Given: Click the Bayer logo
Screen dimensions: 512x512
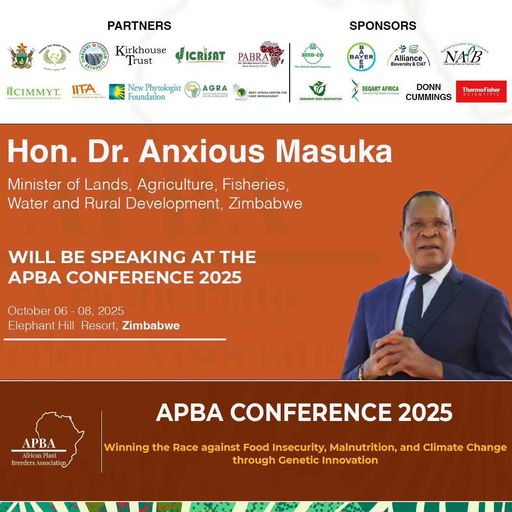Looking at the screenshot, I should tap(361, 57).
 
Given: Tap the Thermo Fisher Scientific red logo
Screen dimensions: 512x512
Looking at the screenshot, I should tap(481, 91).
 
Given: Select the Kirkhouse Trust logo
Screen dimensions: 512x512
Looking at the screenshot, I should tap(141, 55).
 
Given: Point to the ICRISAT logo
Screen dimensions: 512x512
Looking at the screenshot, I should tap(200, 55).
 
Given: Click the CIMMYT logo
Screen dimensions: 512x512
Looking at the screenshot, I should tap(33, 92).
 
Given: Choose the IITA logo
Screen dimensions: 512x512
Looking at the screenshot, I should tap(86, 90).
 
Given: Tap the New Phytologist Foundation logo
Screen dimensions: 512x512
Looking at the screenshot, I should tap(145, 91).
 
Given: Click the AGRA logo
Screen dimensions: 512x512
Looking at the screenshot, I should tap(206, 90).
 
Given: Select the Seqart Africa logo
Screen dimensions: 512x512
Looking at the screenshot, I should tap(375, 90).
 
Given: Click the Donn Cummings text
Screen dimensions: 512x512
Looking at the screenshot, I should tap(429, 92).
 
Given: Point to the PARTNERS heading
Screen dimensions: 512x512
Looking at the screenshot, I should tap(139, 26).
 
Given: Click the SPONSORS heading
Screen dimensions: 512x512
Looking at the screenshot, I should tap(383, 26).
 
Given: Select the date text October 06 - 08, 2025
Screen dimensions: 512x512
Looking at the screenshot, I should tap(66, 311).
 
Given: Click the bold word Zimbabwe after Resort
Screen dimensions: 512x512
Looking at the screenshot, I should tap(151, 326).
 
